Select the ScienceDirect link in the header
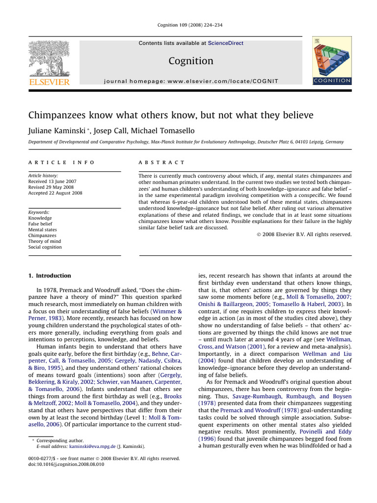[225, 43]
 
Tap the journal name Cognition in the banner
[191, 61]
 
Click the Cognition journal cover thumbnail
[332, 61]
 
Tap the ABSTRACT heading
[162, 162]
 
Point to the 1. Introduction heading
[49, 276]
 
